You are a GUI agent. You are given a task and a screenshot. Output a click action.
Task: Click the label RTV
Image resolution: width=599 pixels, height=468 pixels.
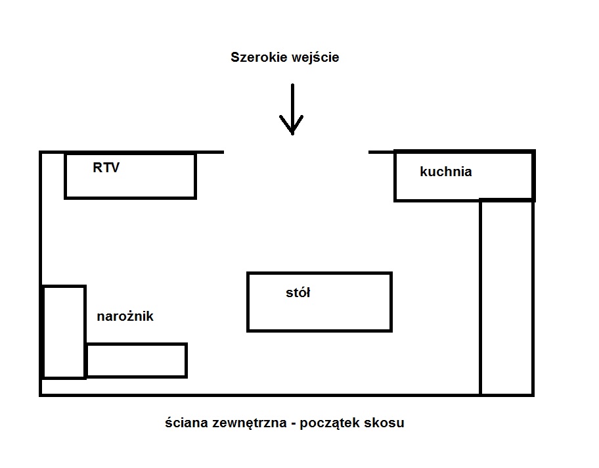tap(106, 168)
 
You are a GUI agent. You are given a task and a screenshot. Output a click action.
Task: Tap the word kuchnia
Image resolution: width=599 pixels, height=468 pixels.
tap(445, 172)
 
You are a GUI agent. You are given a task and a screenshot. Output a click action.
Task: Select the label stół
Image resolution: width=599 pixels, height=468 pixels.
tap(298, 293)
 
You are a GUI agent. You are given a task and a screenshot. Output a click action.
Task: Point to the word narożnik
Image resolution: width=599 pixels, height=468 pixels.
tap(125, 316)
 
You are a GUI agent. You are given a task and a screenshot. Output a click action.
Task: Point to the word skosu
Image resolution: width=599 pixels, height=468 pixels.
tap(386, 423)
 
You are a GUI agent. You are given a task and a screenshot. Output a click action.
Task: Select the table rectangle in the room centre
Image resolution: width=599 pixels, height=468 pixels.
tap(342, 312)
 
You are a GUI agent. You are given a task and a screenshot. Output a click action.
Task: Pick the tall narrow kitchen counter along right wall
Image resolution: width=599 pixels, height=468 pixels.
tap(506, 296)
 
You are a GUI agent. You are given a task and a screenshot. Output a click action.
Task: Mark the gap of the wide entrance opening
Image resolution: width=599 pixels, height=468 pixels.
tap(296, 152)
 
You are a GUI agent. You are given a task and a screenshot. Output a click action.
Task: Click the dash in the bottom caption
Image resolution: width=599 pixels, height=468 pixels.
tap(292, 423)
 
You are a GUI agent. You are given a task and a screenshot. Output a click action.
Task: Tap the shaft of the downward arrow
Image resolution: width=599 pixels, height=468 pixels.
tap(292, 99)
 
